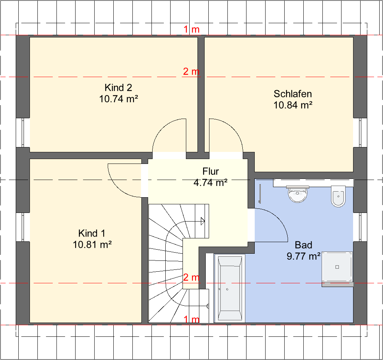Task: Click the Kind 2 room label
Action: pos(118,88)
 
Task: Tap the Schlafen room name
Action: pos(292,94)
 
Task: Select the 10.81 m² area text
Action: pos(92,244)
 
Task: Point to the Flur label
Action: pos(211,171)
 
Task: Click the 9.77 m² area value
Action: pos(304,256)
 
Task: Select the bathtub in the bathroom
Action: pos(230,288)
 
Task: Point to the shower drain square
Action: pos(337,267)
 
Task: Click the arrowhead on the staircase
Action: pos(203,221)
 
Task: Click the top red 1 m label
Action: pos(191,30)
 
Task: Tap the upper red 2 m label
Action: pos(191,71)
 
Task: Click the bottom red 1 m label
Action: pos(191,319)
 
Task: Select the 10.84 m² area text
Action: pos(293,105)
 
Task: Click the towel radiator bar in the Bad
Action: pos(260,193)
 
